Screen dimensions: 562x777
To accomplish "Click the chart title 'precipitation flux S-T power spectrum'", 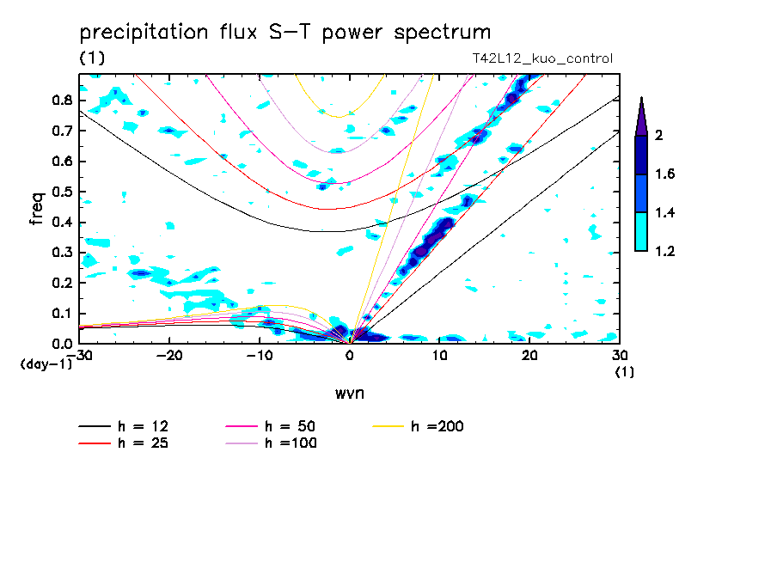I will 284,33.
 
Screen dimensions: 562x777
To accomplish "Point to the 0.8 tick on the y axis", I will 61,100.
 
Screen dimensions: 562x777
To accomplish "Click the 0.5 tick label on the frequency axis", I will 61,192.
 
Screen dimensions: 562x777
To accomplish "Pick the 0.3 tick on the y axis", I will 61,253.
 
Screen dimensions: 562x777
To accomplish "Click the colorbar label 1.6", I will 664,174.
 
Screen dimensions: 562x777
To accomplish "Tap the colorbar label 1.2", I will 664,252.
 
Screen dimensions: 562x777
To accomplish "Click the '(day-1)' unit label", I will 46,364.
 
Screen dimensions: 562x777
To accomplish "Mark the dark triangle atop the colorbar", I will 641,115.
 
